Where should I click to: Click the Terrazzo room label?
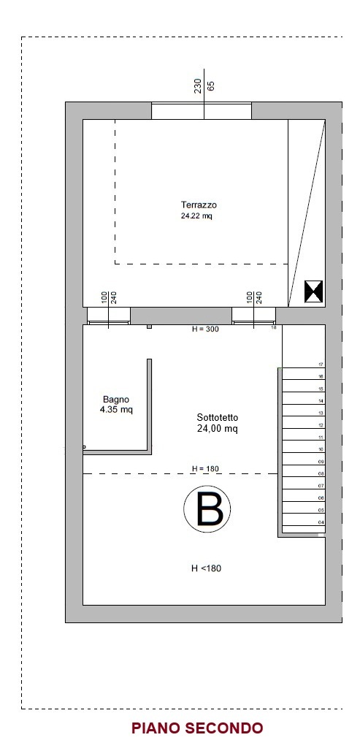(199, 205)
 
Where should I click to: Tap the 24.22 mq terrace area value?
(196, 216)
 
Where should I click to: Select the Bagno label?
(116, 400)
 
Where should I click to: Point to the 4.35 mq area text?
(116, 410)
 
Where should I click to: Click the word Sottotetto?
(218, 418)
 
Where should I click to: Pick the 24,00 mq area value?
(218, 429)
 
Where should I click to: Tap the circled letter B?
(207, 508)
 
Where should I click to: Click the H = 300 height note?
(205, 329)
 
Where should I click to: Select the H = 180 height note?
(205, 468)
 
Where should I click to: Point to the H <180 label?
(206, 568)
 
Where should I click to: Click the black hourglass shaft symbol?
(314, 291)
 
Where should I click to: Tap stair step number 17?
(321, 365)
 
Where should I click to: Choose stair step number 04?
(321, 522)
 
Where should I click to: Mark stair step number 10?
(321, 449)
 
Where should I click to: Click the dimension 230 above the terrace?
(198, 85)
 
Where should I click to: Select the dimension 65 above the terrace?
(211, 86)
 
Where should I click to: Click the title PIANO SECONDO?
(197, 728)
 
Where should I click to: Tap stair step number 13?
(321, 413)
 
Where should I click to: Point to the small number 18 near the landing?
(274, 328)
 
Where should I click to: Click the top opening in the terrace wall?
(202, 111)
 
